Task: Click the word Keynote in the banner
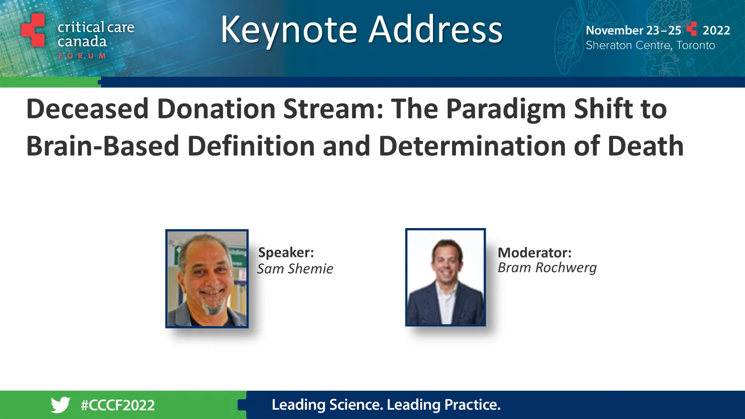(289, 30)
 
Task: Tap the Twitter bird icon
(61, 405)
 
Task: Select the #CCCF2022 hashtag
(118, 405)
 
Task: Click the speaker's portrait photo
(207, 279)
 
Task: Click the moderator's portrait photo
(445, 277)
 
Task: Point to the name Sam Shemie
(295, 269)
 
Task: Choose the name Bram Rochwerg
(547, 268)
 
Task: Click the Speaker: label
(286, 253)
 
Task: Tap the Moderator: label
(534, 253)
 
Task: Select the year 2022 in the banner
(716, 30)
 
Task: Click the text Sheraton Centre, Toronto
(650, 45)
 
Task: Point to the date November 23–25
(633, 30)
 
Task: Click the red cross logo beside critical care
(33, 30)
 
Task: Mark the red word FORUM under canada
(82, 56)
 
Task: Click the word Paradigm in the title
(506, 109)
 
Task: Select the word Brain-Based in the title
(102, 146)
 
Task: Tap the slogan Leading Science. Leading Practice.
(386, 405)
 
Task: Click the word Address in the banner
(435, 30)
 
